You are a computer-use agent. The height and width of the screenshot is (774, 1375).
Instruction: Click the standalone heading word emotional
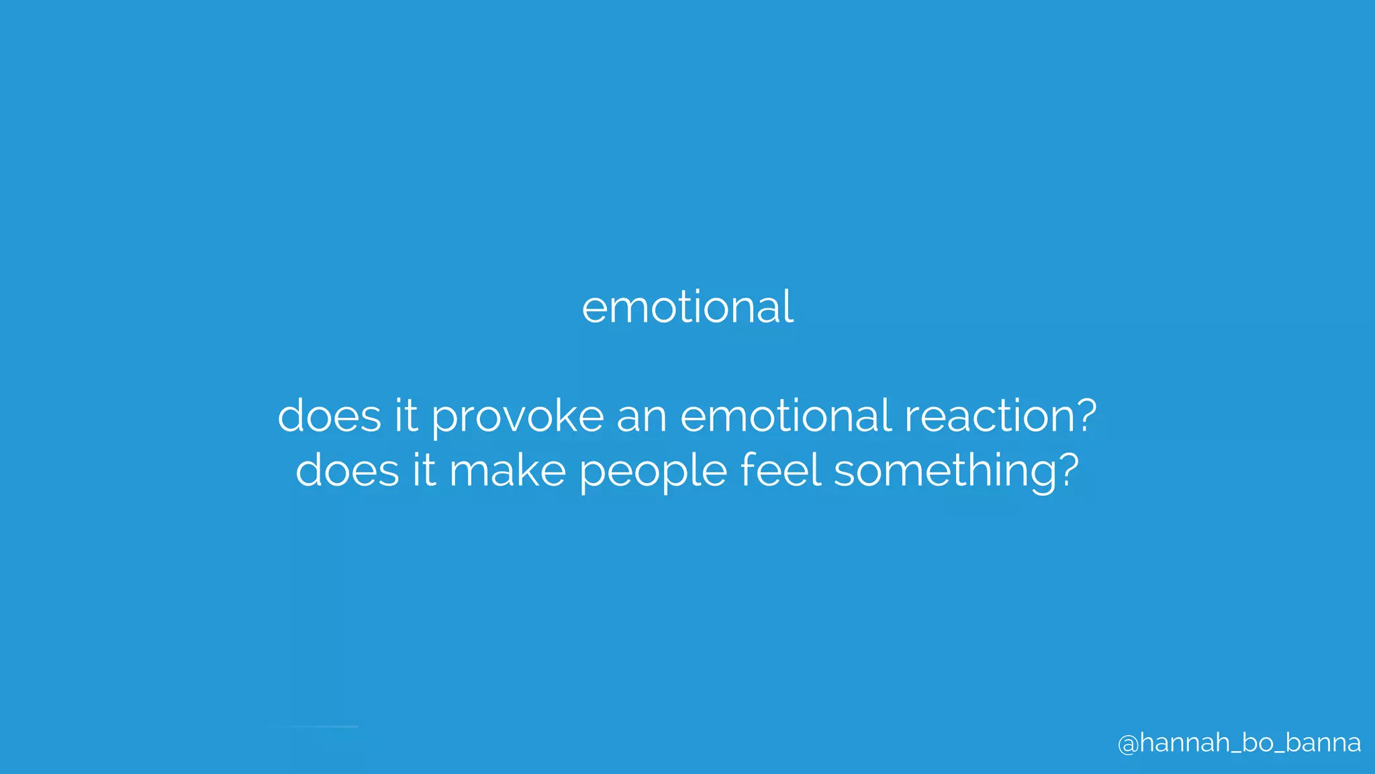687,307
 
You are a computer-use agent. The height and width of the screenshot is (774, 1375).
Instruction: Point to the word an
642,417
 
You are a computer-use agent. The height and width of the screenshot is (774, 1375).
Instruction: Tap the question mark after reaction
1083,414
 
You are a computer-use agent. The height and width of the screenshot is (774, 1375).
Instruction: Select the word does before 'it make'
347,470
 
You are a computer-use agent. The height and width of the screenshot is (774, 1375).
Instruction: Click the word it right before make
424,470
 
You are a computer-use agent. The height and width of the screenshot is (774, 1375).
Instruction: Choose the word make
508,470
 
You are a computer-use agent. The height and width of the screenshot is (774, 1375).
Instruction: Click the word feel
781,470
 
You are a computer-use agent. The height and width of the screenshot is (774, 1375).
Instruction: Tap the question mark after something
1065,468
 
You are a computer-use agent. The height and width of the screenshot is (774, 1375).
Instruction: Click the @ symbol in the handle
1128,744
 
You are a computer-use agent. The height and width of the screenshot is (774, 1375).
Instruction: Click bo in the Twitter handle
1257,742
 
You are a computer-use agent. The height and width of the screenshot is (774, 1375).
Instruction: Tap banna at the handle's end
1323,742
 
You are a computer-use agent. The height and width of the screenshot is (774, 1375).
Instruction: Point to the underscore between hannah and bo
1235,752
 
